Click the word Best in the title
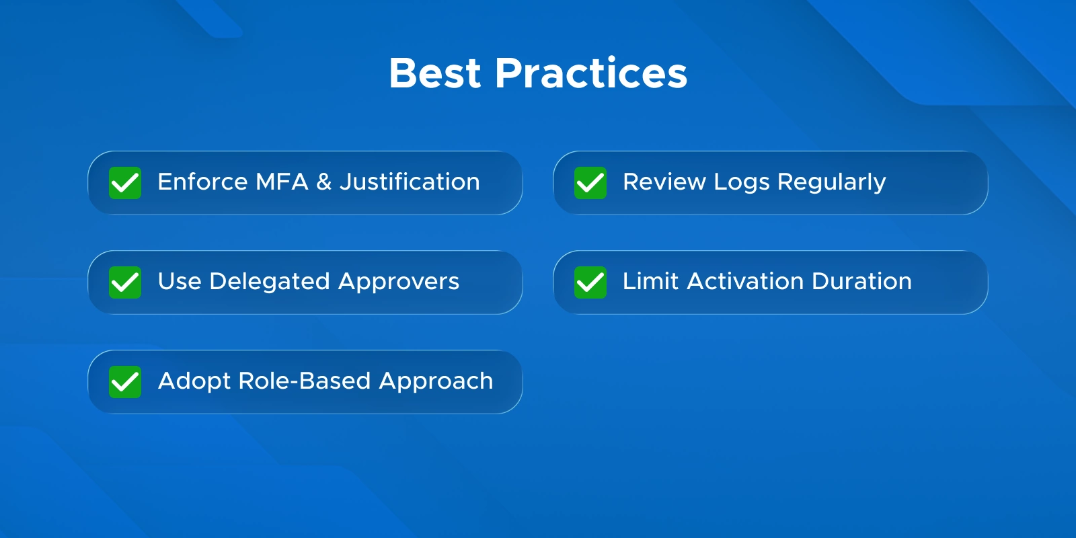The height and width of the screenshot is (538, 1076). (x=434, y=73)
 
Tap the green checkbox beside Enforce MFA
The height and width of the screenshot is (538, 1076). (x=125, y=183)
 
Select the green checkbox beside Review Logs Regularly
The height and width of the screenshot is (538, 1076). (x=590, y=183)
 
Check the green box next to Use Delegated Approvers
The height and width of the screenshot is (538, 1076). (x=125, y=282)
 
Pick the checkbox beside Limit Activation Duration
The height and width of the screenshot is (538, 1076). (x=590, y=282)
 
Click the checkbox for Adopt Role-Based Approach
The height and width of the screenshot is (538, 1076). (x=125, y=382)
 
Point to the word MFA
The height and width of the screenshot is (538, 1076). (x=282, y=182)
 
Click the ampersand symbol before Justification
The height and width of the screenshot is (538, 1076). (x=323, y=182)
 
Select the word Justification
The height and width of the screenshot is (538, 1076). (x=410, y=182)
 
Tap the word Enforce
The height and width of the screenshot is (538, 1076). (x=202, y=182)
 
